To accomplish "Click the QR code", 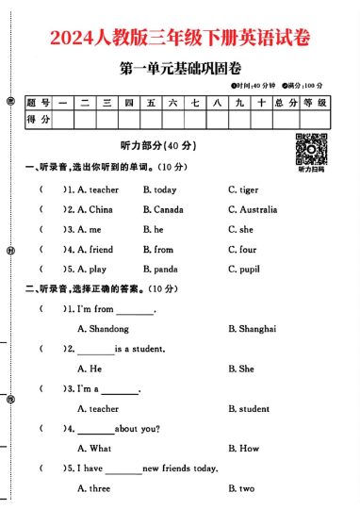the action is (x=311, y=149).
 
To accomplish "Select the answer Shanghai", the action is (x=256, y=328).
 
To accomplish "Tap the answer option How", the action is (x=248, y=449).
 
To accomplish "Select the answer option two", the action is (x=246, y=488).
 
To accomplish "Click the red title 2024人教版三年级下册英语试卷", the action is (x=179, y=38).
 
